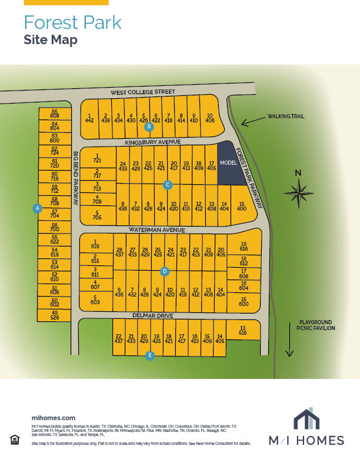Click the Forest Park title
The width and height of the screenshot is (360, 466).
point(72,23)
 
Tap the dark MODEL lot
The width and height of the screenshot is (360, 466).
point(228,164)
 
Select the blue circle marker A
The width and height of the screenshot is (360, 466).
point(37,208)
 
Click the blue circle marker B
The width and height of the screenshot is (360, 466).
point(149,127)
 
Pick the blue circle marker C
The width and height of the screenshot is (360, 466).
point(168,185)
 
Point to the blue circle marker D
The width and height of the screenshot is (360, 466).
point(165,271)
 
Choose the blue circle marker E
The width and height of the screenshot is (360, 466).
point(150,355)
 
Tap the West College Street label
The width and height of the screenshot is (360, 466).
point(144,92)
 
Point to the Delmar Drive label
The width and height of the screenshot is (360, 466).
point(153,316)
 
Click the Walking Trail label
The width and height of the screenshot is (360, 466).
point(286,116)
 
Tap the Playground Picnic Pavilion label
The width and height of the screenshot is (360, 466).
point(316,325)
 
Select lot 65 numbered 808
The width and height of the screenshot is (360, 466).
point(55,114)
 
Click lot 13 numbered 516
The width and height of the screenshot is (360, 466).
point(242,330)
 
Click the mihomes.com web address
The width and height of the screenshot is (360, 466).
point(53,417)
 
